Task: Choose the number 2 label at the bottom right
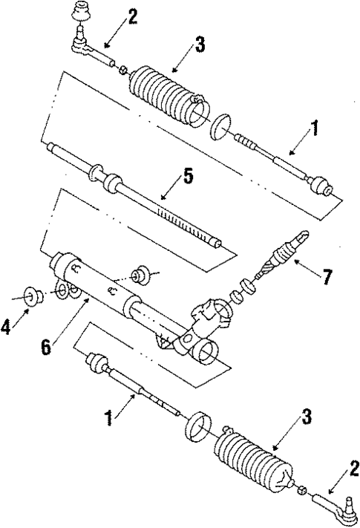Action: point(354,469)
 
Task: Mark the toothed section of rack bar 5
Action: point(186,223)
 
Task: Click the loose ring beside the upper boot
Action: point(220,126)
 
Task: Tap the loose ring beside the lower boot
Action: point(195,428)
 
